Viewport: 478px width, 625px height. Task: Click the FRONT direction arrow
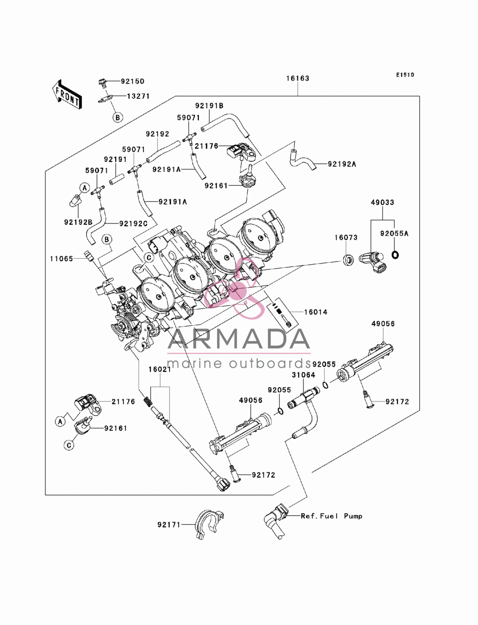click(x=67, y=94)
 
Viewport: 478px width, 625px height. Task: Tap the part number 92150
click(x=132, y=81)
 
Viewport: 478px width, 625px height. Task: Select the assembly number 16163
click(x=298, y=78)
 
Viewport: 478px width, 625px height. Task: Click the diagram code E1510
click(x=405, y=75)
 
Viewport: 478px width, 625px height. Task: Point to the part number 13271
click(x=138, y=96)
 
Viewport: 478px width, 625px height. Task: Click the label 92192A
click(x=342, y=164)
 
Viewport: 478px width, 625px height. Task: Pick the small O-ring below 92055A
click(x=395, y=255)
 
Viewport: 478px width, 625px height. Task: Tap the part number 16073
click(x=346, y=237)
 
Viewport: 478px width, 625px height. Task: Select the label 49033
click(x=382, y=202)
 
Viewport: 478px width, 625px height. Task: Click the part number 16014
click(x=315, y=312)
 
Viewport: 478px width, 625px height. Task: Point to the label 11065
click(x=62, y=259)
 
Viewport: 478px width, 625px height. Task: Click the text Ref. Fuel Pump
click(x=332, y=516)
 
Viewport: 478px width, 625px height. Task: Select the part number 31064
click(x=303, y=375)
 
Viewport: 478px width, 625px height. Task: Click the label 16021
click(x=160, y=369)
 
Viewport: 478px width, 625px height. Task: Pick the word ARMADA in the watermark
click(x=239, y=339)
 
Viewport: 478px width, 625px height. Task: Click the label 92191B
click(x=209, y=106)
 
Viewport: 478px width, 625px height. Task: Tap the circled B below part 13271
click(x=118, y=117)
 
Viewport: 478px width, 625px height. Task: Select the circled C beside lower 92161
click(x=69, y=445)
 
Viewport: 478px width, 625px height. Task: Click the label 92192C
click(x=133, y=224)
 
